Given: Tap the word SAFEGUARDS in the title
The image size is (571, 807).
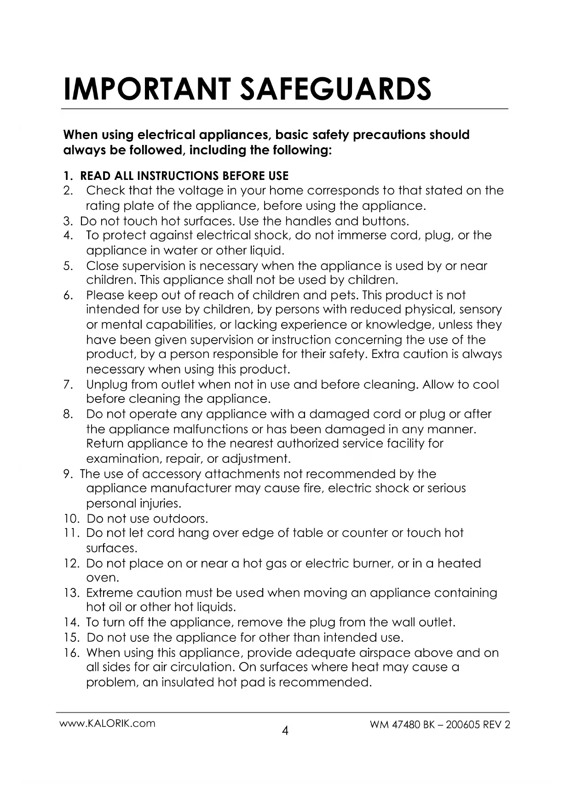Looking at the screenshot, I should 336,89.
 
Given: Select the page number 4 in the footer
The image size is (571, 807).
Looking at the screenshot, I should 285,730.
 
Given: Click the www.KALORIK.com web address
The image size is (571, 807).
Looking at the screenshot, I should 108,723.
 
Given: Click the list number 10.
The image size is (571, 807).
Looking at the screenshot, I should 71,519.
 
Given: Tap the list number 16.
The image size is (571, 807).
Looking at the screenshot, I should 71,653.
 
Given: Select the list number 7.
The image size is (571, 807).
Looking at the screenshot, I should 68,385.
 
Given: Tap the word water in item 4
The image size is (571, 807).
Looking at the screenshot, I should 180,251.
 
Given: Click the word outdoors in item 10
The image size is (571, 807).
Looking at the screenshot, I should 180,519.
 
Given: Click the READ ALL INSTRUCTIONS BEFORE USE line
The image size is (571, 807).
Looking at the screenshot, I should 184,176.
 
